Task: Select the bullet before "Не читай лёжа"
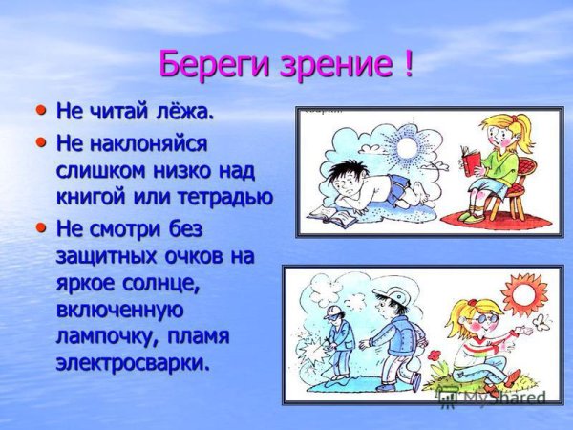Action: [40, 111]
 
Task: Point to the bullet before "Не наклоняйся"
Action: [40, 142]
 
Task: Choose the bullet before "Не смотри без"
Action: [40, 229]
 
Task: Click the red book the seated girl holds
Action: [469, 161]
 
